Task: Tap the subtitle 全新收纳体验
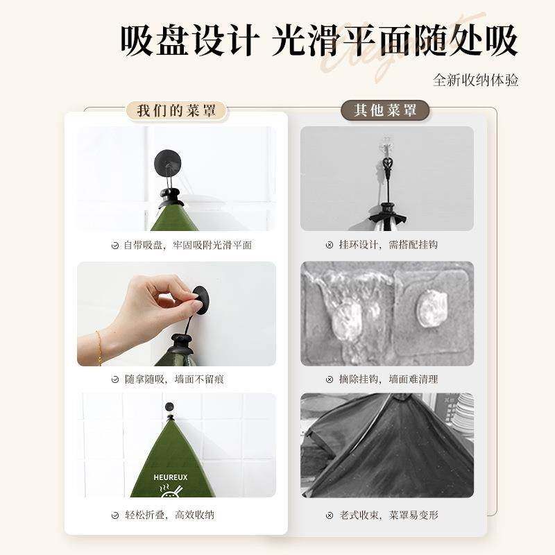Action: pyautogui.click(x=476, y=80)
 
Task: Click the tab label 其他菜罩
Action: pyautogui.click(x=386, y=110)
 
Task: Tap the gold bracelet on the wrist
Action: pyautogui.click(x=99, y=346)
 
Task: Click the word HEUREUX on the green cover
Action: pyautogui.click(x=169, y=477)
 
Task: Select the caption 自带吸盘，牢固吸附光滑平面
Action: pyautogui.click(x=187, y=245)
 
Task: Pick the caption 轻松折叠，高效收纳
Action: pyautogui.click(x=169, y=515)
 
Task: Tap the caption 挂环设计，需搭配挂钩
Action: pyautogui.click(x=388, y=245)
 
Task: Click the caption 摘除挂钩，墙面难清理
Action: pyautogui.click(x=388, y=379)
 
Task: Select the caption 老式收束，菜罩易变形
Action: pyautogui.click(x=388, y=515)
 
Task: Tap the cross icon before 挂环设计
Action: pyautogui.click(x=330, y=245)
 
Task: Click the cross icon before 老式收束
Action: pyautogui.click(x=330, y=515)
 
